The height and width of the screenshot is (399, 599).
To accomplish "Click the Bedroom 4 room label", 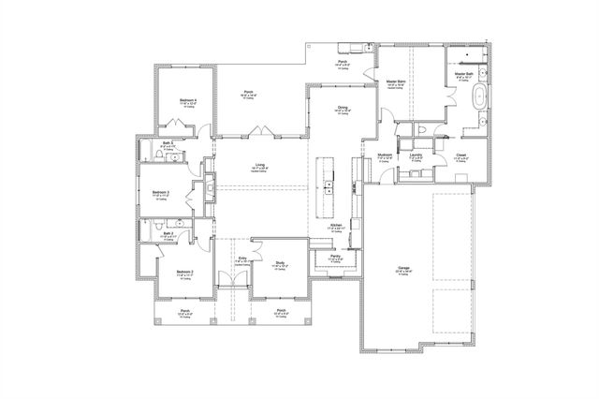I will point(188,100).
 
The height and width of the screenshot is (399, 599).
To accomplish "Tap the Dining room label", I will point(343,108).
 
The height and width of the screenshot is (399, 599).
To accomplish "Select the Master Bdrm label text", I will point(396,82).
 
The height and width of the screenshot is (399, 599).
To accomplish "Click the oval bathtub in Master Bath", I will point(479,96).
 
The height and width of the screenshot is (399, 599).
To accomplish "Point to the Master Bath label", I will point(463,73).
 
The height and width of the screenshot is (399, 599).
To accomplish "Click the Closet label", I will point(461,155).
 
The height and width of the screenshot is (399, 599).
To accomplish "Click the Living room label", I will point(259,166).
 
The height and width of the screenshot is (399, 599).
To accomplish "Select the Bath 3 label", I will point(168,143).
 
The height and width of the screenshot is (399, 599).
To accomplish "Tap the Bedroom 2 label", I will point(184,272).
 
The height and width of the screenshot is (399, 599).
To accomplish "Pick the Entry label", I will point(242,257).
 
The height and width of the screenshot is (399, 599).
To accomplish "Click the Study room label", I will point(280,262).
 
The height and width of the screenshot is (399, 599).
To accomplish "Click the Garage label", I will point(403,268).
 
